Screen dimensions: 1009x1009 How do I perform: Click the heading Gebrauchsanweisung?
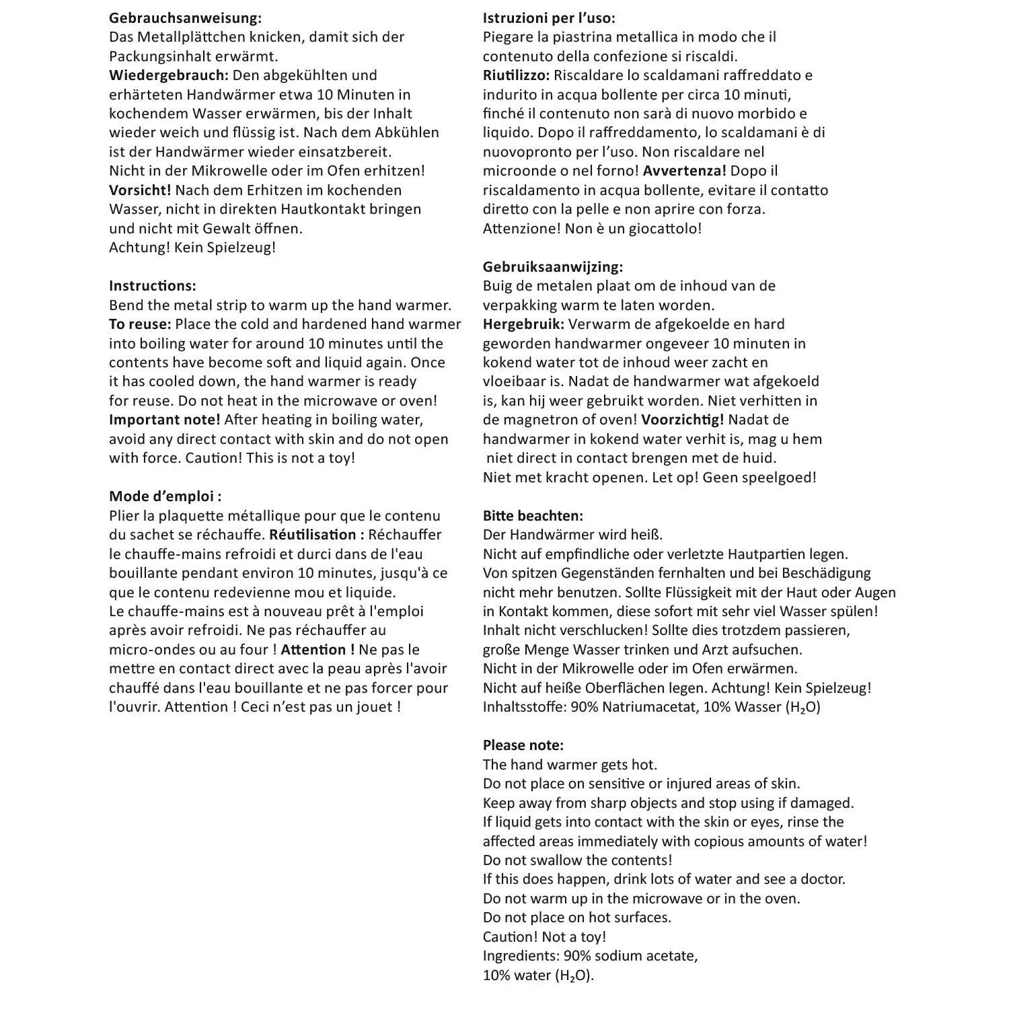(186, 18)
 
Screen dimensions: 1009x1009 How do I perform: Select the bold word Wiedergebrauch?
(169, 75)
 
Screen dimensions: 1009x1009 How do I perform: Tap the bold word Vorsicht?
(140, 190)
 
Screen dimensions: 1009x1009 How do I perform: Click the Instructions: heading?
(153, 286)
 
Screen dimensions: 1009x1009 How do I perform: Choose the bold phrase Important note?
(165, 420)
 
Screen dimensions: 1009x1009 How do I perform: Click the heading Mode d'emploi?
(165, 496)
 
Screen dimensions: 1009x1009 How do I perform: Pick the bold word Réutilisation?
(312, 535)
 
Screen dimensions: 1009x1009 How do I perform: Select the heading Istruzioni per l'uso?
(549, 18)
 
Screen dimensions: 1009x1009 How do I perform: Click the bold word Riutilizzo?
(516, 75)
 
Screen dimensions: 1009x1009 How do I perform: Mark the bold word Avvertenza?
(685, 171)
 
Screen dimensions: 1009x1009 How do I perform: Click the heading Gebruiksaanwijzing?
(553, 267)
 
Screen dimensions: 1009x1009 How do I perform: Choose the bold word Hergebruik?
(523, 324)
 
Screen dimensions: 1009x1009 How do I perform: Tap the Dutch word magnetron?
(537, 420)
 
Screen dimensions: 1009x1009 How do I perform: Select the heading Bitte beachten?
(533, 516)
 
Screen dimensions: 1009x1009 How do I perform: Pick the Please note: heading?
(523, 745)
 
